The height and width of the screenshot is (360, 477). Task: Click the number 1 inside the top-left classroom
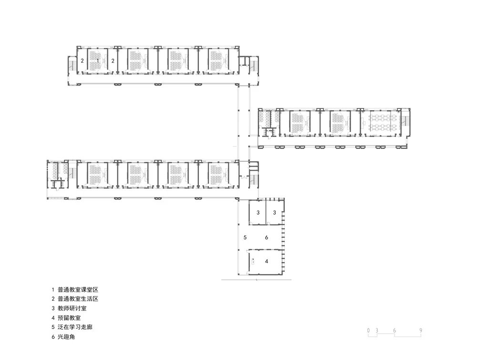(98, 61)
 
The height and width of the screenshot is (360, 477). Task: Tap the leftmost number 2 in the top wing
(82, 61)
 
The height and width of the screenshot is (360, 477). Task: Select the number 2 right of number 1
(113, 61)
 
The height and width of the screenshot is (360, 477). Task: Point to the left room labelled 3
(258, 212)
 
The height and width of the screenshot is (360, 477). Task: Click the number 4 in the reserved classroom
(267, 261)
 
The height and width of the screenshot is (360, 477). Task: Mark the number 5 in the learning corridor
(244, 237)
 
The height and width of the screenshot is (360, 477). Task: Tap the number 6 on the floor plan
(267, 237)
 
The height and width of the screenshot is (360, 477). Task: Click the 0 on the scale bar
(369, 330)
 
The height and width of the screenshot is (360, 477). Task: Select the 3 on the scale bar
(377, 330)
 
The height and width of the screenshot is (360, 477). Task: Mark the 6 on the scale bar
(394, 330)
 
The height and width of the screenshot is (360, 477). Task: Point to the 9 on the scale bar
(421, 330)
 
